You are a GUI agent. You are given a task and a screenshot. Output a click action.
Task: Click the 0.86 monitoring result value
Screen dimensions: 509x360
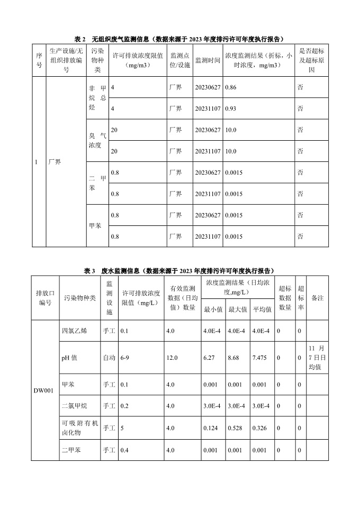230,87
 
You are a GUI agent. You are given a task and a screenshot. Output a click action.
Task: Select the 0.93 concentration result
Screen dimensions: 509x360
230,108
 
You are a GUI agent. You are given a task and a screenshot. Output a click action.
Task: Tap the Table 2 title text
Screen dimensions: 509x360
179,39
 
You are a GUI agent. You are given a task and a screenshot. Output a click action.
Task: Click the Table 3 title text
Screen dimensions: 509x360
179,270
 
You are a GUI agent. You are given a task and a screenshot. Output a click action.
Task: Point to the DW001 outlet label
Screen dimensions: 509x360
44,395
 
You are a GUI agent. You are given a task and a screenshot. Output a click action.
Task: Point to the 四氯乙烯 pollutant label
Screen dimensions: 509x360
74,331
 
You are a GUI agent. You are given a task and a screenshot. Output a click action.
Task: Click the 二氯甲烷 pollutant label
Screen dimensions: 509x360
74,406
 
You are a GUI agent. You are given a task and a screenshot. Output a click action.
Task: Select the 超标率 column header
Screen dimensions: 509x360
300,298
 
